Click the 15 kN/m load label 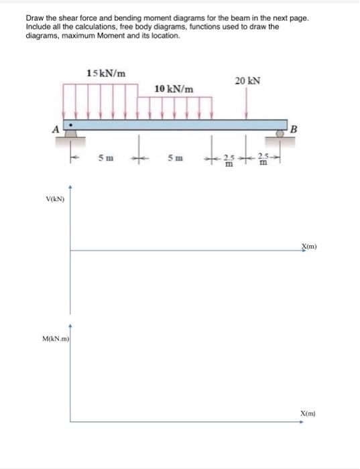click(x=106, y=73)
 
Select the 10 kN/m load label click(x=174, y=89)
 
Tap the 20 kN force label click(x=247, y=81)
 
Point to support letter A click(x=56, y=129)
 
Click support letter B click(x=294, y=129)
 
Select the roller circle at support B click(x=280, y=134)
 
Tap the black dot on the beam click(x=70, y=125)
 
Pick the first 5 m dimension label click(x=106, y=157)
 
